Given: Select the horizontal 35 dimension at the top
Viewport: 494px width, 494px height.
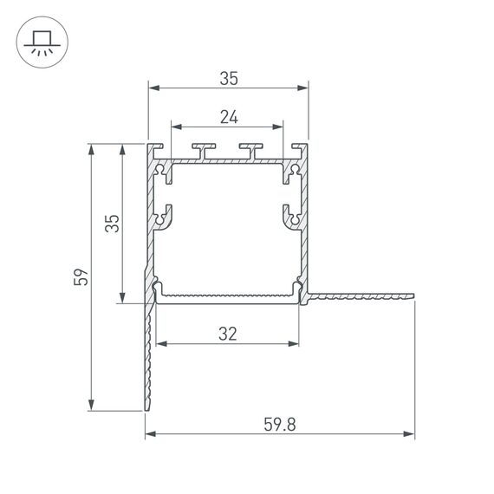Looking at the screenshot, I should point(228,78).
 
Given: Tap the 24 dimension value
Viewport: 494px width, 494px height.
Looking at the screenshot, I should point(227,115).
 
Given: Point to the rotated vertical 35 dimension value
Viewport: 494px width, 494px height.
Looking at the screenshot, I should point(112,224).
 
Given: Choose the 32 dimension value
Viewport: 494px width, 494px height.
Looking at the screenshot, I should point(228,333).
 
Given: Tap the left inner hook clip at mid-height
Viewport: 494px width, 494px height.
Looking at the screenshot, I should point(164,216).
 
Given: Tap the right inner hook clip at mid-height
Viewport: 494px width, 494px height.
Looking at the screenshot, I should point(291,216).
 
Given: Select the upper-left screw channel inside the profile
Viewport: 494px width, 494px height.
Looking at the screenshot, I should point(161,172).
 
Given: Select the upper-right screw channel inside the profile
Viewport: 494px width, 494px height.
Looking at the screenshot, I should point(294,172).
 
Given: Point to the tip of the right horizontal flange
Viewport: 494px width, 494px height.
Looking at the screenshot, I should point(413,297).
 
